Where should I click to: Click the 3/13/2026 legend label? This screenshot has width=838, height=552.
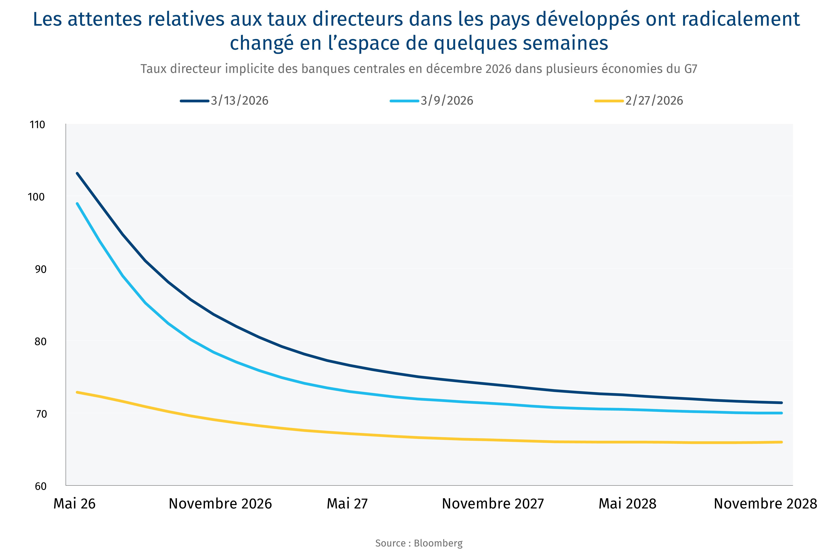pos(239,101)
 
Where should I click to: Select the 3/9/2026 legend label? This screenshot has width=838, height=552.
pos(447,101)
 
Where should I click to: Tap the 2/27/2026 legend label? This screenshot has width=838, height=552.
pos(654,101)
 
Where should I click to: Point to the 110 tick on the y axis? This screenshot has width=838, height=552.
pos(38,125)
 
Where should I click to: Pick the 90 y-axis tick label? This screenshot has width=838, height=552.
pos(40,269)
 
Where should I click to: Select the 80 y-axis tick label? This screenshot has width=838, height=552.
pos(40,342)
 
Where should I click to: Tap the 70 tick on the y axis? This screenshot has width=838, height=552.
pos(40,414)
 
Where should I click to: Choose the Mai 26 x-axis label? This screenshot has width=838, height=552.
pos(74,504)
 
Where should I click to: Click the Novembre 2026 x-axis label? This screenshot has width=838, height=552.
pos(220,504)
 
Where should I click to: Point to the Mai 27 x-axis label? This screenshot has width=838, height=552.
pos(347,504)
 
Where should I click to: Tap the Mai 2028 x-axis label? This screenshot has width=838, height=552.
pos(627,504)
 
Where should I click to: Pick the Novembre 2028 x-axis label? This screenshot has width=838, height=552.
pos(765,504)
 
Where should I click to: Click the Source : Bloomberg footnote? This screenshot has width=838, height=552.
pos(419,543)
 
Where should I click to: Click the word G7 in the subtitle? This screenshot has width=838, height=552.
pos(691,69)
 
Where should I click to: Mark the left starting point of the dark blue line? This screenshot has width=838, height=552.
pos(77,173)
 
